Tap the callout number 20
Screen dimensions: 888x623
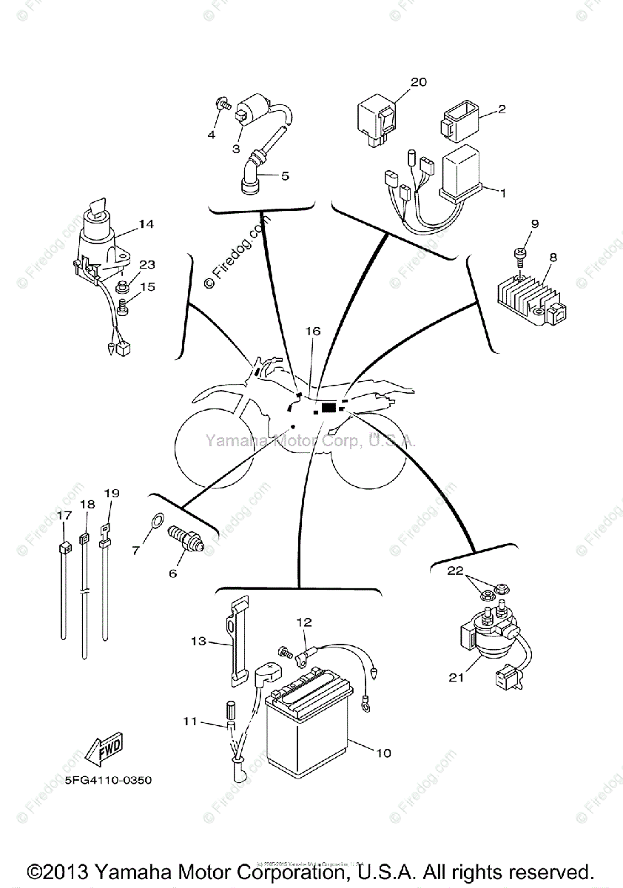pos(419,82)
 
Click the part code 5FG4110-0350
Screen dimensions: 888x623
pos(103,780)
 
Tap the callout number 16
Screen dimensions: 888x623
pos(313,331)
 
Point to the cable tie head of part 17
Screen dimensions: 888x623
pos(64,548)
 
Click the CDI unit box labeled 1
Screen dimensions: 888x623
pos(463,172)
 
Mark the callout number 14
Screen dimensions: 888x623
pos(146,223)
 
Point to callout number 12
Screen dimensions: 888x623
pos(305,622)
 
